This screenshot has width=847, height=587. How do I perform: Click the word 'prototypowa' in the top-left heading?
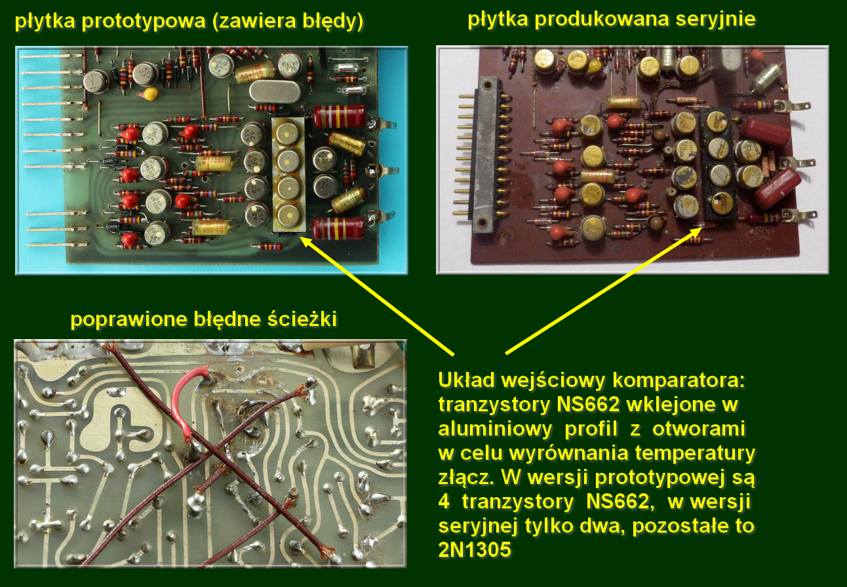[x=144, y=21]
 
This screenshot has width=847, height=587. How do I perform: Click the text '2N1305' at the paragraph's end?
[x=475, y=549]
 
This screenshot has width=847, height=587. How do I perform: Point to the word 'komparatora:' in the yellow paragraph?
[x=679, y=380]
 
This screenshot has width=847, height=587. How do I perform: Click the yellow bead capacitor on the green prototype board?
[x=151, y=93]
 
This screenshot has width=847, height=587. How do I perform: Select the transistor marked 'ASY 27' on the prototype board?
[x=146, y=74]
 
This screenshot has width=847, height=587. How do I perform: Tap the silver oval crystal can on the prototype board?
[x=275, y=91]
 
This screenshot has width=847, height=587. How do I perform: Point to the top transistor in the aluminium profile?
[x=288, y=134]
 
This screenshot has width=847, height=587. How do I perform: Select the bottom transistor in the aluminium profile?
[x=288, y=215]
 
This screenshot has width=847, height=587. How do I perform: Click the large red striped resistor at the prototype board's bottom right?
[x=339, y=228]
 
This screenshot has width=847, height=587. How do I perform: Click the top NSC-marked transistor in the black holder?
[x=717, y=122]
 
